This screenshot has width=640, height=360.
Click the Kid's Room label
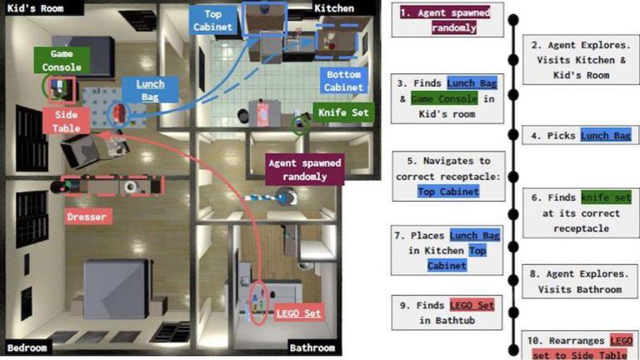pos(31,8)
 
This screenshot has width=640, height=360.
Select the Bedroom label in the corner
pos(27,347)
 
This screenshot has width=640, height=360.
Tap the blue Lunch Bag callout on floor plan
pos(150,90)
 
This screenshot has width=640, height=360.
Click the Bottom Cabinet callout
pos(343,81)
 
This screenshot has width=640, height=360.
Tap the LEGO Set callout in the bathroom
pos(298,314)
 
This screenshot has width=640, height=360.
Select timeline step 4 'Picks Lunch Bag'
pos(577,136)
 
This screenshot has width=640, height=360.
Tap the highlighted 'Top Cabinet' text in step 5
pos(449,191)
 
